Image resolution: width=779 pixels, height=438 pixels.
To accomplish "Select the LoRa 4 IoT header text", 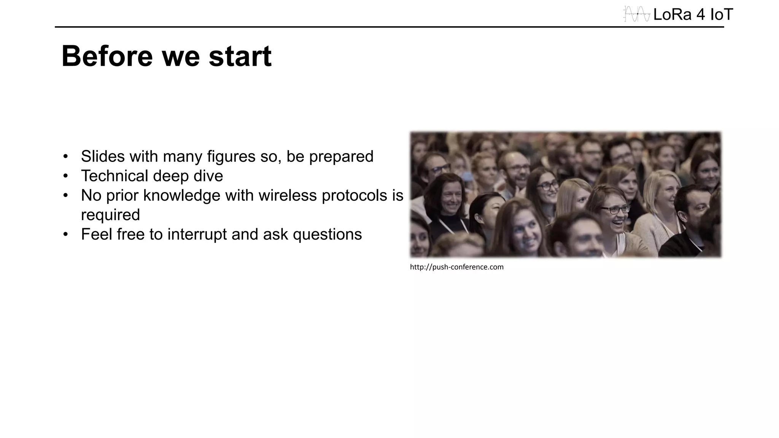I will (x=693, y=15).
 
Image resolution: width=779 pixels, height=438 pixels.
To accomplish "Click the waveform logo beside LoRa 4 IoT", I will (x=637, y=14).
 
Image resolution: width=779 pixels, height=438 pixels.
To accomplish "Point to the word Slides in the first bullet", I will (x=103, y=156).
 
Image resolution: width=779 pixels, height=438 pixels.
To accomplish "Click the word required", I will (x=110, y=215).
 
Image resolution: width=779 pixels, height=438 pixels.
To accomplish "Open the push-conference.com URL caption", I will (x=456, y=267).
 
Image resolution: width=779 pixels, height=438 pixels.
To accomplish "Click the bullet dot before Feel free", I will (x=65, y=234).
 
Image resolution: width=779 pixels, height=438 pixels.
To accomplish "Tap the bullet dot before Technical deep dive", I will (x=65, y=176).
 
